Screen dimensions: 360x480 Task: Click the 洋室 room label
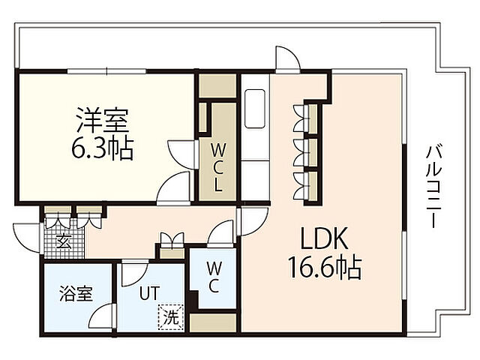coord(102,120)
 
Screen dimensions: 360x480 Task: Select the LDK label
coord(324,240)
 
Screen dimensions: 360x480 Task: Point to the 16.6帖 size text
coord(325,267)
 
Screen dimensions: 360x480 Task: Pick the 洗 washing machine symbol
coord(172,316)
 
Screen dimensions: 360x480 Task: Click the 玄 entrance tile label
coord(64,241)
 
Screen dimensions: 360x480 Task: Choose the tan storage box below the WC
coord(212,323)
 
